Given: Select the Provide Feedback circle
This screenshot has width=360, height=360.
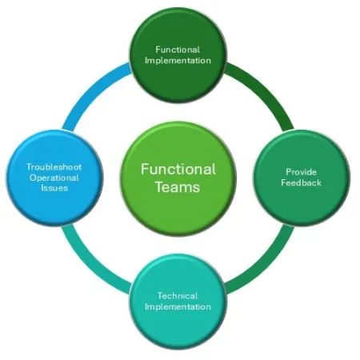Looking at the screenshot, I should tap(302, 177).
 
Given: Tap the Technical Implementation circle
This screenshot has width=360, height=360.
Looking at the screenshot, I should tap(178, 301).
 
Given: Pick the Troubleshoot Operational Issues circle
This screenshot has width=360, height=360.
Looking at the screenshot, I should tap(54, 177).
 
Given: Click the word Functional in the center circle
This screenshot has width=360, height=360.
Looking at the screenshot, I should tap(178, 169).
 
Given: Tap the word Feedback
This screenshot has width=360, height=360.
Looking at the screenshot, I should tap(302, 183).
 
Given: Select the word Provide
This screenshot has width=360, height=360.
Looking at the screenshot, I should tap(302, 172).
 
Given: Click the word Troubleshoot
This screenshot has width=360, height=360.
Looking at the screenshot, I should tap(54, 166).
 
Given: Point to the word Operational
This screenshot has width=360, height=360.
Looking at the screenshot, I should tap(54, 177).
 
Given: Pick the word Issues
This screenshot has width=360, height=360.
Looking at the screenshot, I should tap(54, 188).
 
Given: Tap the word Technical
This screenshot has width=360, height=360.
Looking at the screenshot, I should tap(178, 295).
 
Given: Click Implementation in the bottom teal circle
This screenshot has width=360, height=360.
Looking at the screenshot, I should tap(178, 306).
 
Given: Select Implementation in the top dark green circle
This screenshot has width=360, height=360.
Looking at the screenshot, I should tap(178, 60).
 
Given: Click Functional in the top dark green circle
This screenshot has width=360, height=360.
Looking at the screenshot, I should tap(178, 49).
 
